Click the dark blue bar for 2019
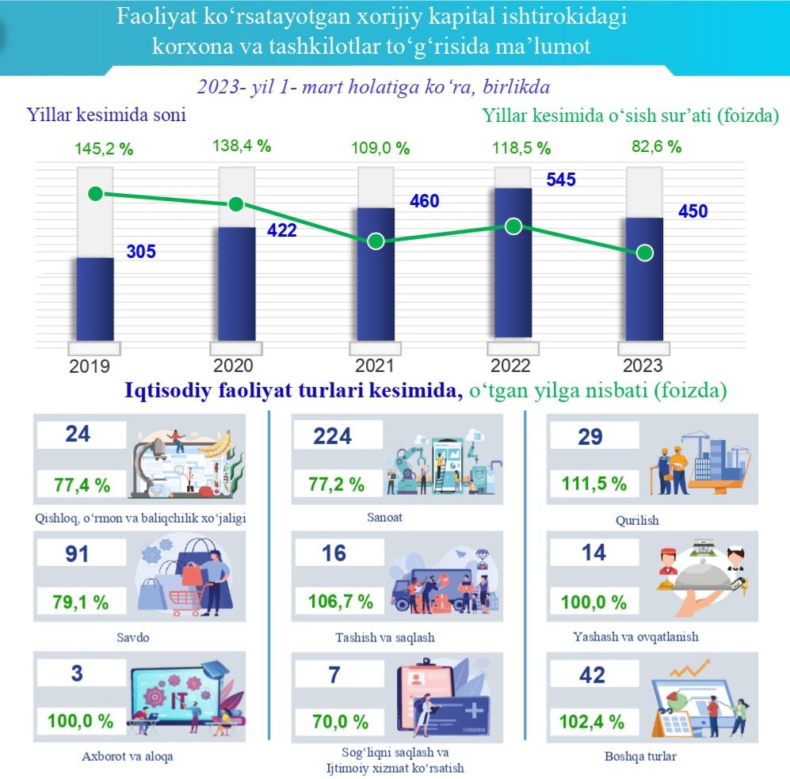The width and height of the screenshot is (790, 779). (x=94, y=299)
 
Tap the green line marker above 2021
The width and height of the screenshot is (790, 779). (x=376, y=241)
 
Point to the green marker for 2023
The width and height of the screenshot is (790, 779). (x=645, y=253)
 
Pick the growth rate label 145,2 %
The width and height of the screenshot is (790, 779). (x=103, y=148)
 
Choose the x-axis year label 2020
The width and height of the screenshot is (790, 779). (x=234, y=366)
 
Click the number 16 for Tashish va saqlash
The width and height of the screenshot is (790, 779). (x=333, y=553)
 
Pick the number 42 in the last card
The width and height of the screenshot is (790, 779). (x=592, y=674)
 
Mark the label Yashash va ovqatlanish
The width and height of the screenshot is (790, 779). (x=635, y=636)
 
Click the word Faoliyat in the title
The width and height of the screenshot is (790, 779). (x=155, y=17)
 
